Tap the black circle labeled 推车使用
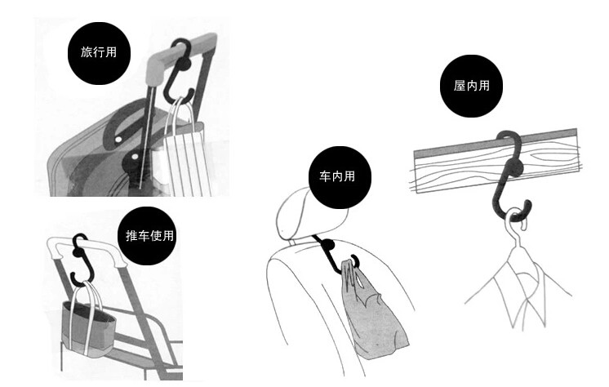click(150, 236)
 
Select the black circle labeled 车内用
click(339, 176)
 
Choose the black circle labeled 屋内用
click(472, 86)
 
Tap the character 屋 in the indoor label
click(460, 86)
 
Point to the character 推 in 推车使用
click(132, 236)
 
